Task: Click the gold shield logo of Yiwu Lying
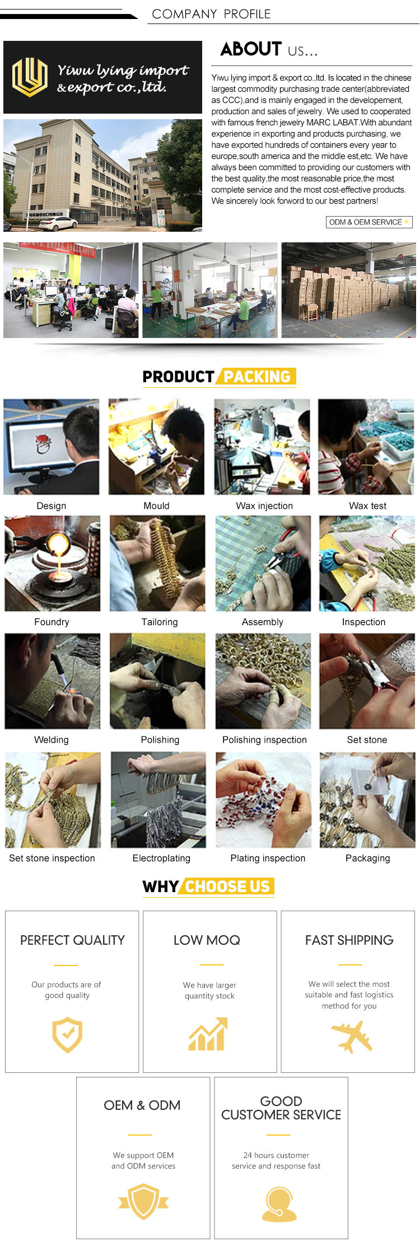[x=30, y=77]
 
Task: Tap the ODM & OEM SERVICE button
[x=369, y=222]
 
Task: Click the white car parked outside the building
[x=58, y=223]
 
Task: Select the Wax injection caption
[x=264, y=505]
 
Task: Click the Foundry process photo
[x=53, y=563]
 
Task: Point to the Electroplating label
[x=161, y=858]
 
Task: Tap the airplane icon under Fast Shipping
[x=351, y=1036]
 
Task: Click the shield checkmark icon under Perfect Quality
[x=67, y=1035]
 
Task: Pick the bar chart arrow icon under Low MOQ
[x=208, y=1034]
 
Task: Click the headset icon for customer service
[x=279, y=1204]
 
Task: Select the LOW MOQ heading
[x=207, y=940]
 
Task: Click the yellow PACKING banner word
[x=257, y=377]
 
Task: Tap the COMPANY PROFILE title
[x=211, y=14]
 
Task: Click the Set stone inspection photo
[x=53, y=800]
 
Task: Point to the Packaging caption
[x=368, y=858]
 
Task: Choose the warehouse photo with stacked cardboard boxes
[x=348, y=290]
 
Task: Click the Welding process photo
[x=53, y=681]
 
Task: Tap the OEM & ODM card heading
[x=142, y=1105]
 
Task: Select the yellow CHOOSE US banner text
[x=227, y=887]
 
